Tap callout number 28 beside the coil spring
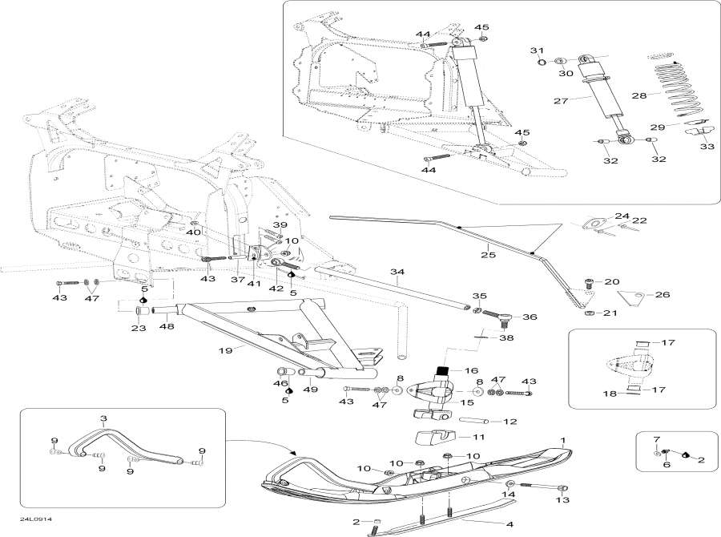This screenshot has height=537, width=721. point(638,95)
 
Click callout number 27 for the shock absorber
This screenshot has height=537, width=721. point(560,101)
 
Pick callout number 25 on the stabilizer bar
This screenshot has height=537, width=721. point(488,256)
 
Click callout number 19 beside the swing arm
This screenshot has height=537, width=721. point(226,350)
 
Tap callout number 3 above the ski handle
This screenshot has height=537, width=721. point(103,419)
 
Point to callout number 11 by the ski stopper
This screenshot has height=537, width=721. point(477,438)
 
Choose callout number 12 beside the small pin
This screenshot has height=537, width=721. point(510,421)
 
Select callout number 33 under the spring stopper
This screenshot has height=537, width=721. point(707,147)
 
